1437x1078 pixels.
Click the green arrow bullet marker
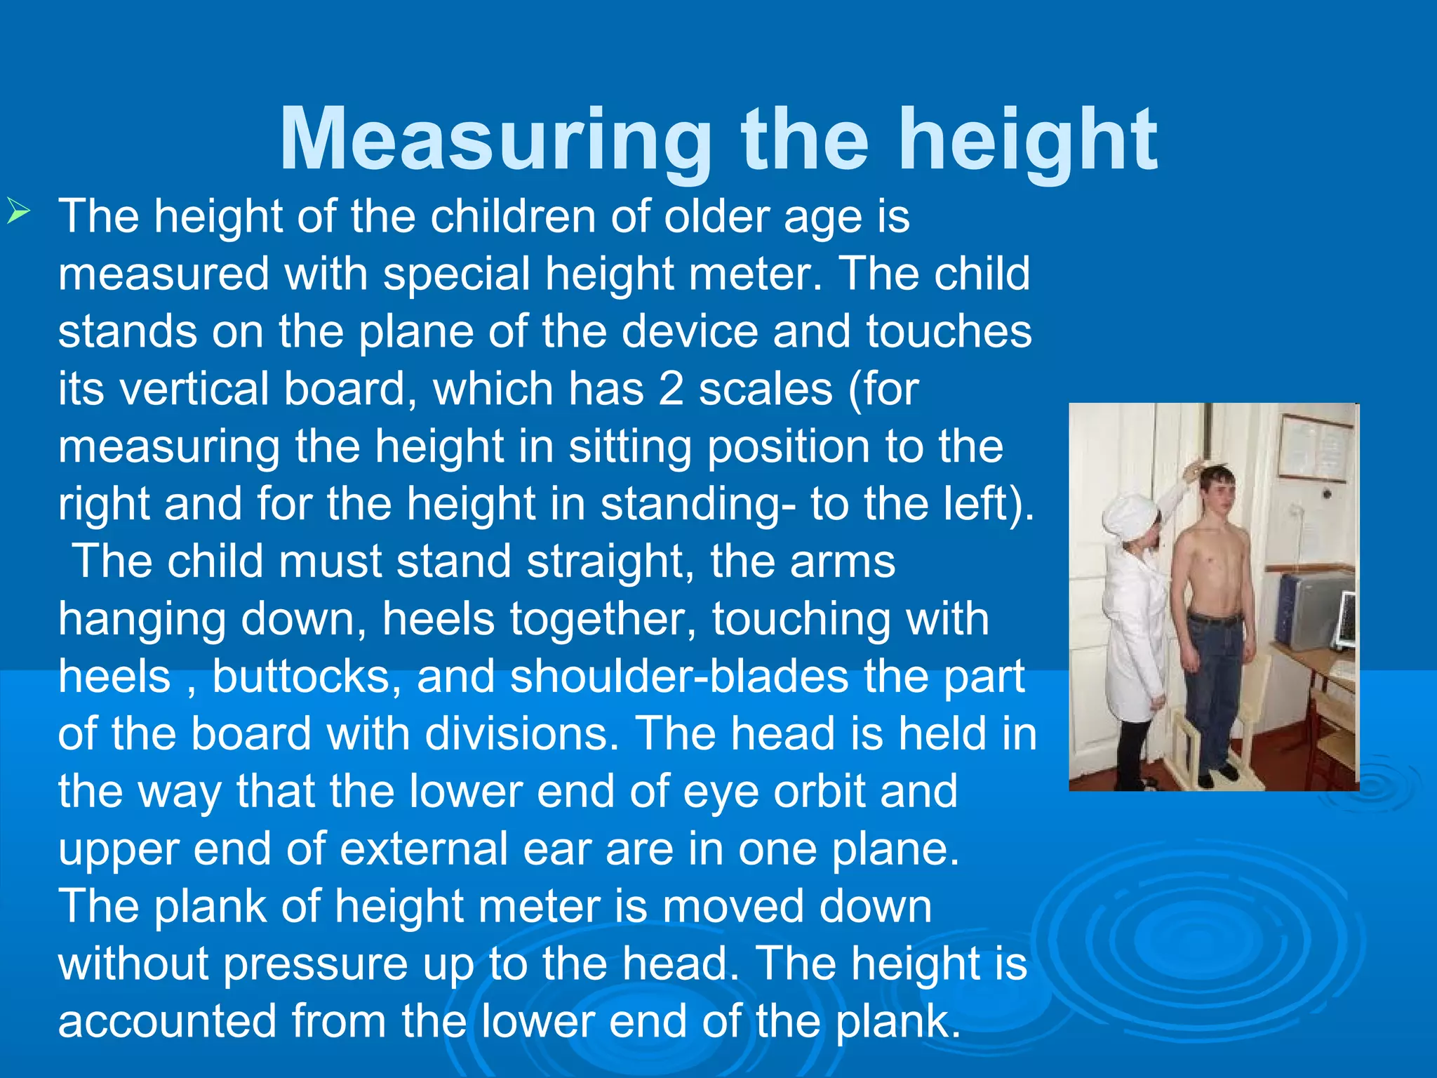(x=18, y=211)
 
